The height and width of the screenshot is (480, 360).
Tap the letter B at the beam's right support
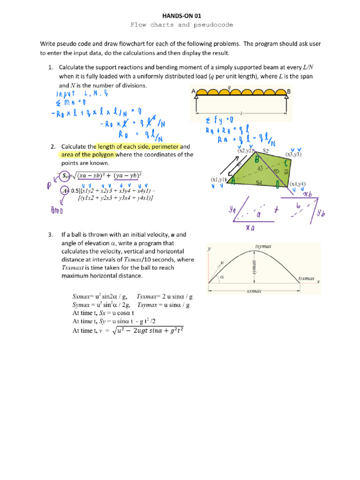pos(289,92)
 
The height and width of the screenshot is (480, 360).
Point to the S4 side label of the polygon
pos(259,182)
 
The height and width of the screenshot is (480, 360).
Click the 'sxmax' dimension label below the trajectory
pos(254,291)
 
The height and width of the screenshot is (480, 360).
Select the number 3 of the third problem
pos(50,234)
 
